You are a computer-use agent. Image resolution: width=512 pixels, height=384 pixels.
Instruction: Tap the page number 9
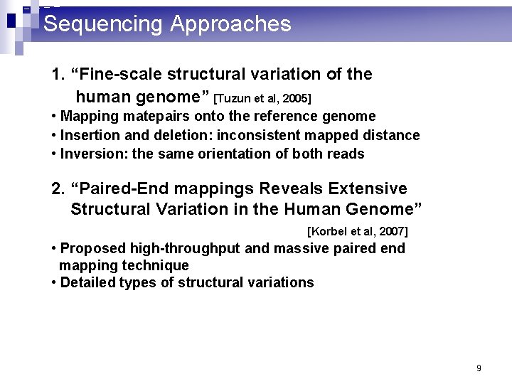479,368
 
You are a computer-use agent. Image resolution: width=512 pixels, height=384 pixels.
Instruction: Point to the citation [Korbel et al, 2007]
357,231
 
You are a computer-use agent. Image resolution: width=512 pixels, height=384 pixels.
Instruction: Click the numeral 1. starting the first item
58,75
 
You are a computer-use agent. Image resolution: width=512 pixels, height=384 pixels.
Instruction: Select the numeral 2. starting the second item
58,188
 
